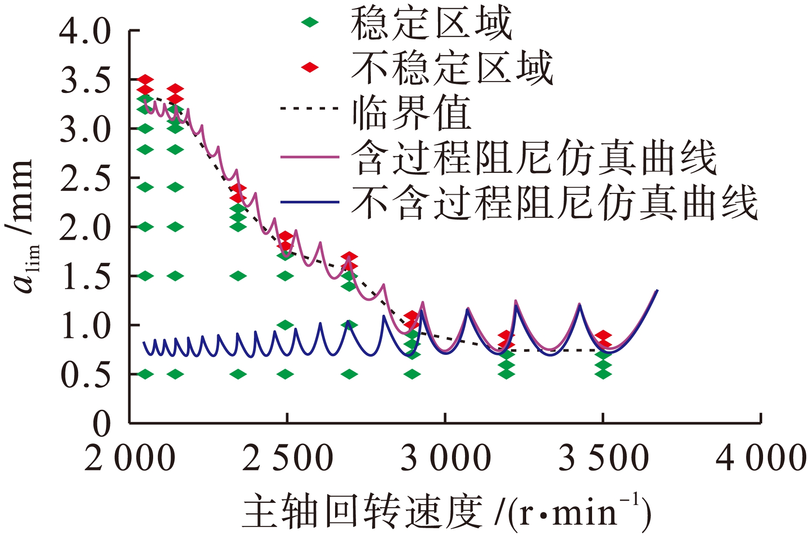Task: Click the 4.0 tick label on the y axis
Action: pyautogui.click(x=86, y=31)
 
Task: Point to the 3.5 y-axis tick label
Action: pyautogui.click(x=86, y=81)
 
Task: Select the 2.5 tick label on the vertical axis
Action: pyautogui.click(x=86, y=179)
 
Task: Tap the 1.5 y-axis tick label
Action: pyautogui.click(x=86, y=277)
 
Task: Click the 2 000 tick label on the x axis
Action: pyautogui.click(x=130, y=458)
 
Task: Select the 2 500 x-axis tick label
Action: pyautogui.click(x=287, y=458)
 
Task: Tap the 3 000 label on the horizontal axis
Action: pyautogui.click(x=445, y=458)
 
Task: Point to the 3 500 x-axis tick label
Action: pyautogui.click(x=603, y=458)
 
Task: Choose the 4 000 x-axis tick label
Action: pyautogui.click(x=761, y=458)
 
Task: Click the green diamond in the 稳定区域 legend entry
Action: pyautogui.click(x=310, y=22)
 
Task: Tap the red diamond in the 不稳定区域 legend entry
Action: pyautogui.click(x=310, y=67)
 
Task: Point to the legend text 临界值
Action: pyautogui.click(x=412, y=113)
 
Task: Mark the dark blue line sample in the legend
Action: pyautogui.click(x=310, y=202)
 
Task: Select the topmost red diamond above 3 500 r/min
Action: pyautogui.click(x=603, y=335)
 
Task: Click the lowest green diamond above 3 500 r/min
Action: pyautogui.click(x=603, y=374)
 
